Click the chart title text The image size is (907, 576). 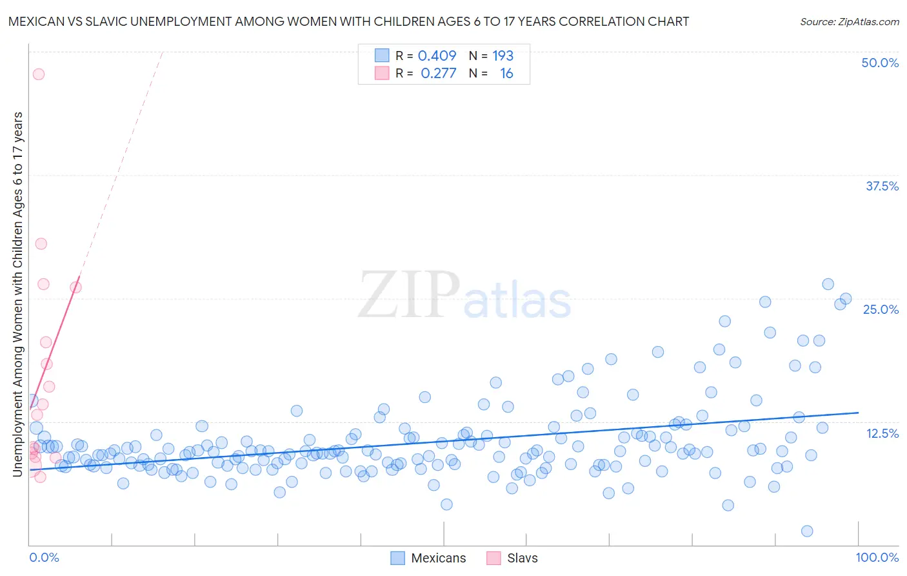pos(348,21)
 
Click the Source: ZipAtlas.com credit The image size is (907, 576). pos(849,21)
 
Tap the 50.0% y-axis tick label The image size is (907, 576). pos(879,63)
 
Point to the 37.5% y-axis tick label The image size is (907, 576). pos(881,186)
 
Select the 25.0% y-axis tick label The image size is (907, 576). pos(881,309)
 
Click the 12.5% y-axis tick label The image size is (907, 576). pos(882,433)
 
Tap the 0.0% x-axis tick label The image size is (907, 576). pos(44,557)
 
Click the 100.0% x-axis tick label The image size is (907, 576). pos(877,557)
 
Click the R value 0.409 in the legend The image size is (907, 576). pos(437,56)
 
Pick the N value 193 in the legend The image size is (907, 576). pos(503,56)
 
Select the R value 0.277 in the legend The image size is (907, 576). pos(438,74)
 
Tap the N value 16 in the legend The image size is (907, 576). pos(506,74)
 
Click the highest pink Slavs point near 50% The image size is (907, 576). pos(39,74)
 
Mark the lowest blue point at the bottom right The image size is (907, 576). pos(806,531)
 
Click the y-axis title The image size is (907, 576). pos(18,294)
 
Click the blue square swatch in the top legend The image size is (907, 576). pos(382,56)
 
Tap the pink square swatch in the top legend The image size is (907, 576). pos(382,74)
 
